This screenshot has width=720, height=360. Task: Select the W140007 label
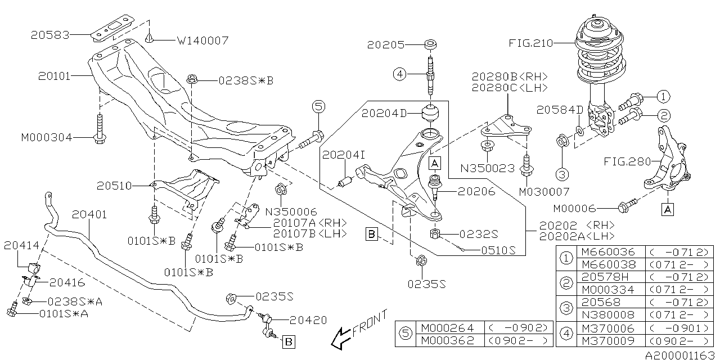(203, 40)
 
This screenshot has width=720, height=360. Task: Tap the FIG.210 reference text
(531, 43)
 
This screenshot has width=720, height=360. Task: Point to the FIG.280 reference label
(627, 162)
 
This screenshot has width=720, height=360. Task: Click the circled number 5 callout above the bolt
(318, 106)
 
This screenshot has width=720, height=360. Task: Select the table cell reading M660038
(607, 264)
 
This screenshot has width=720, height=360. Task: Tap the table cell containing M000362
(447, 341)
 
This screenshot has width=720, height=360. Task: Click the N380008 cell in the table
(607, 314)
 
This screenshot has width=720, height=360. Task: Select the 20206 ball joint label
(476, 192)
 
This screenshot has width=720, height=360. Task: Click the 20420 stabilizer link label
(308, 320)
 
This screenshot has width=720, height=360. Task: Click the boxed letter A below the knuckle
(668, 209)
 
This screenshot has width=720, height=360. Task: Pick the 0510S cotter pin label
(497, 251)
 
